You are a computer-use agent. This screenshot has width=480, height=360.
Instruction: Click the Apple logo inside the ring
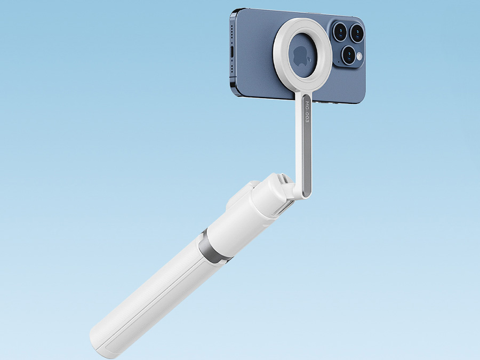click(x=300, y=55)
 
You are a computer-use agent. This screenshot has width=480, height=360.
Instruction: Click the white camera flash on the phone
click(x=359, y=56)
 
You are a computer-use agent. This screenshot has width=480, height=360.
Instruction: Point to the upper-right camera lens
click(x=356, y=34)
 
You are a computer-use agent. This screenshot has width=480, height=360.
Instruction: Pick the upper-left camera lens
click(x=340, y=31)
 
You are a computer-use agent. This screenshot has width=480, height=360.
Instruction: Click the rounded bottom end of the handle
click(x=101, y=344)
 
